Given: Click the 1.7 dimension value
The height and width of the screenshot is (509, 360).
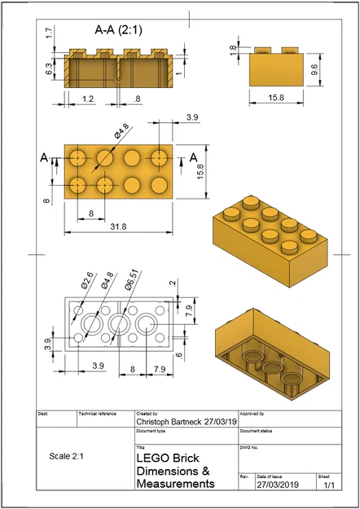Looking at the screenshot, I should [49, 33].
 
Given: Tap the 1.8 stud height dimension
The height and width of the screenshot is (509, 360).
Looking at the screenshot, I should [233, 49].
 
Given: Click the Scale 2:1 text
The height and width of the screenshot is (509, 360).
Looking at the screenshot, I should [70, 456].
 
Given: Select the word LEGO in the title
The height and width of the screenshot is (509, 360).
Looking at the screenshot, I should [152, 459].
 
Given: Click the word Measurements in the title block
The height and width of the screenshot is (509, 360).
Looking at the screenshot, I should [175, 484].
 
